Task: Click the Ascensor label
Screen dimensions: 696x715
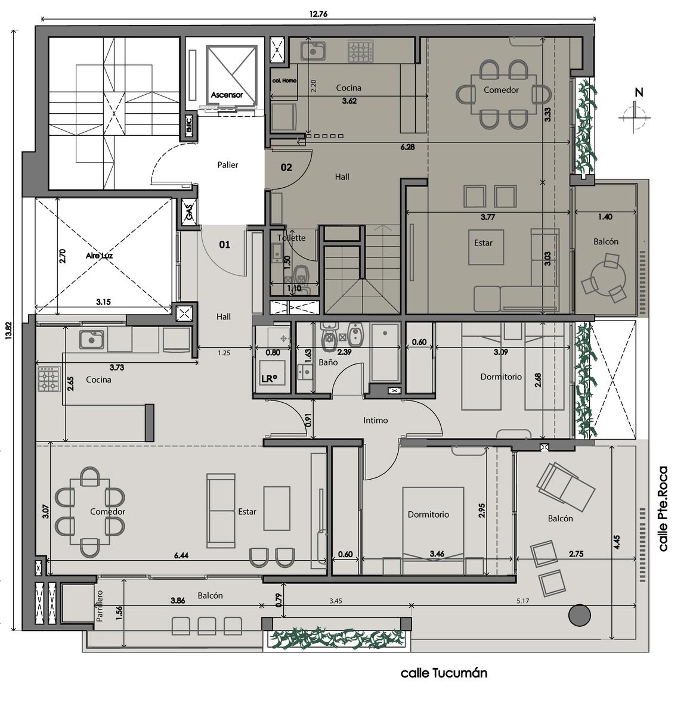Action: click(x=227, y=95)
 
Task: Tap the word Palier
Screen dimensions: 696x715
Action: click(x=227, y=165)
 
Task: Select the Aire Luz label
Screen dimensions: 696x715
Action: click(x=99, y=256)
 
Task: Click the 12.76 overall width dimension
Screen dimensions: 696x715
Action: click(x=318, y=14)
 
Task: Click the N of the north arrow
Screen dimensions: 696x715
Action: click(x=639, y=92)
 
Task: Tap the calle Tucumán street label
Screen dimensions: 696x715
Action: click(x=444, y=673)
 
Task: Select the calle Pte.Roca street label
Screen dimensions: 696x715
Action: click(x=663, y=509)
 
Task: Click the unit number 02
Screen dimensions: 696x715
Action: click(x=286, y=167)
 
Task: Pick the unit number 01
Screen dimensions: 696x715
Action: click(x=224, y=244)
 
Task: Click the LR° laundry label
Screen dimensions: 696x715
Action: click(x=269, y=378)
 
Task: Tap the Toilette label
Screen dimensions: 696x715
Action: click(x=292, y=238)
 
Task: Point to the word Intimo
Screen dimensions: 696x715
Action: click(x=375, y=420)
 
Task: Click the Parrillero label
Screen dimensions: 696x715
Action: click(x=100, y=606)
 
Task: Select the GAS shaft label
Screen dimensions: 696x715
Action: click(x=189, y=212)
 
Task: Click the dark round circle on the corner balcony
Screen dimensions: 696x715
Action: click(x=579, y=615)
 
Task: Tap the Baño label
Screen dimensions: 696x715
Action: click(x=328, y=362)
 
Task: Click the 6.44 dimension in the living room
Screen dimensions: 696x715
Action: click(x=181, y=556)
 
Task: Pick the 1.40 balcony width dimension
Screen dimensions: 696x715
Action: click(x=605, y=217)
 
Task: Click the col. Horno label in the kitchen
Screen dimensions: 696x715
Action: click(x=284, y=80)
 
